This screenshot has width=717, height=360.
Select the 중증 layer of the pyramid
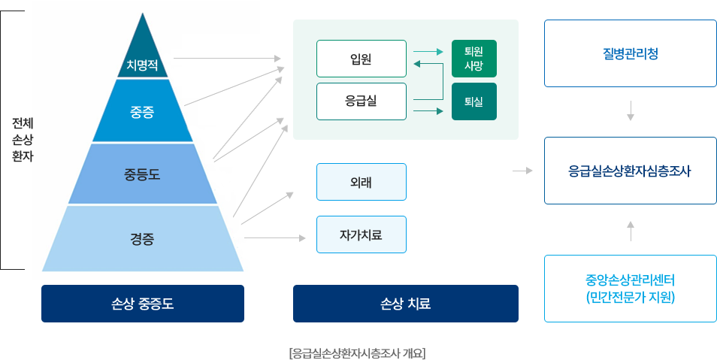click(x=142, y=113)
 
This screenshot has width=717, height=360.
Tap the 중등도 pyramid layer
click(x=142, y=174)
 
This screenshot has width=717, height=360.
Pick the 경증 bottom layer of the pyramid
click(x=142, y=239)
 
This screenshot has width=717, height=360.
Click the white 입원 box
click(x=361, y=59)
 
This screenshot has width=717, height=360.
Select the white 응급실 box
click(x=361, y=101)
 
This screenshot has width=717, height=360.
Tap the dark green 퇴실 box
click(x=473, y=101)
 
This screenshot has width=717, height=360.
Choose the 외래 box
click(x=361, y=182)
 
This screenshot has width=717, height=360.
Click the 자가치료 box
click(x=361, y=234)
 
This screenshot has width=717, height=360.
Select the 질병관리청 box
click(x=630, y=54)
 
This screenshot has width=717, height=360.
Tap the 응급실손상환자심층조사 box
click(x=630, y=171)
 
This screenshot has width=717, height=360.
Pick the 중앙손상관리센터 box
click(x=630, y=289)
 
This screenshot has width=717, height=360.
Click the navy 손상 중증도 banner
click(x=142, y=304)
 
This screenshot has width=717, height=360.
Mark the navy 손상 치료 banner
click(x=405, y=304)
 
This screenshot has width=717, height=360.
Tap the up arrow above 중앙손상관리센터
click(x=630, y=230)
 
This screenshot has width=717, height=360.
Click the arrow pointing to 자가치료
click(x=275, y=238)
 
